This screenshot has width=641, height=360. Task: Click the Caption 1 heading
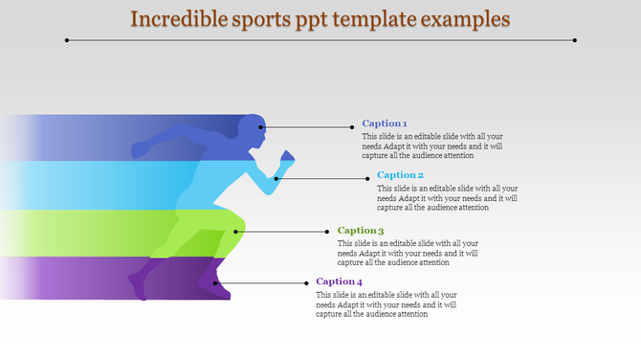tap(385, 124)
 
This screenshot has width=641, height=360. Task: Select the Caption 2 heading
tap(400, 175)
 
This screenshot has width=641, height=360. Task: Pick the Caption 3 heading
tap(361, 231)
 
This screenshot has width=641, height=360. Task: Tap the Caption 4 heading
tap(340, 281)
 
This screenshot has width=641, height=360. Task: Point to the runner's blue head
tap(252, 128)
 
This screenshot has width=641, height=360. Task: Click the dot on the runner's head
tap(260, 126)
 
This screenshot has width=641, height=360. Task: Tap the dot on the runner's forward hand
tap(276, 178)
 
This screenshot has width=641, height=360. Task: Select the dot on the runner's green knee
tap(236, 231)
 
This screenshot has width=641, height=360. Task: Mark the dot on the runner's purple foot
tap(216, 282)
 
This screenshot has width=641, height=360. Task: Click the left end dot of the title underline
tap(67, 40)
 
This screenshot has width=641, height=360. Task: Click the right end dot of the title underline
tap(574, 40)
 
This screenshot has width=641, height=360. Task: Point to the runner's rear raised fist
tap(140, 149)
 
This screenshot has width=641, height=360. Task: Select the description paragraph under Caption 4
tap(387, 304)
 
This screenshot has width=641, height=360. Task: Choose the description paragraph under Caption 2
tap(447, 197)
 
